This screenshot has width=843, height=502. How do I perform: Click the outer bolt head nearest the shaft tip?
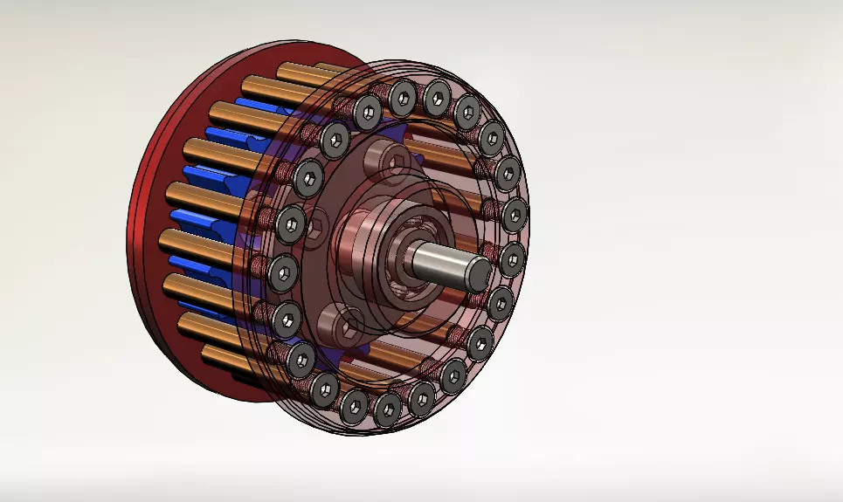click(511, 258)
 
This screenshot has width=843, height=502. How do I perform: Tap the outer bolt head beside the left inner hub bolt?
click(291, 225)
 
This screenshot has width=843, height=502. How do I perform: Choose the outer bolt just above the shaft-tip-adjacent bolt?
click(515, 214)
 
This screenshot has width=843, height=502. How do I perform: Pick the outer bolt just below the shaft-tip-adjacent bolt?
click(500, 303)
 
